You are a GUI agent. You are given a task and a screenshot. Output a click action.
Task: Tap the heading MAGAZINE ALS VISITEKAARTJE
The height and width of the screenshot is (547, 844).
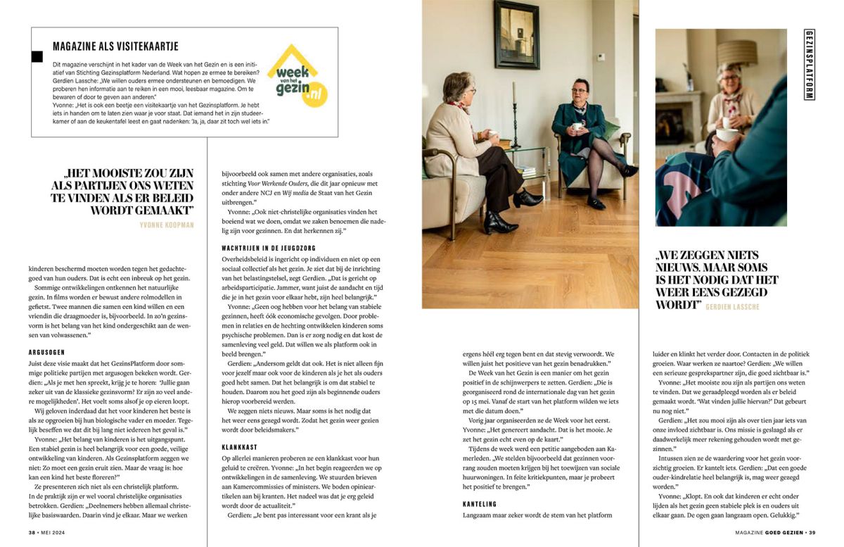115,46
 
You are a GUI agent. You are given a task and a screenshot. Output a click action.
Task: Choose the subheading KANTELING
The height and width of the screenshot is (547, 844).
480,504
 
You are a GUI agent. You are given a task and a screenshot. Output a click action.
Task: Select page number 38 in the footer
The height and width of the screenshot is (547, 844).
32,533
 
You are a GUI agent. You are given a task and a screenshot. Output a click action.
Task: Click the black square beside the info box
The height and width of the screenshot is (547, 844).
37,56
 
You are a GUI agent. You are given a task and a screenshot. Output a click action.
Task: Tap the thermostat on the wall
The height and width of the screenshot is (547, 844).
602,57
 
